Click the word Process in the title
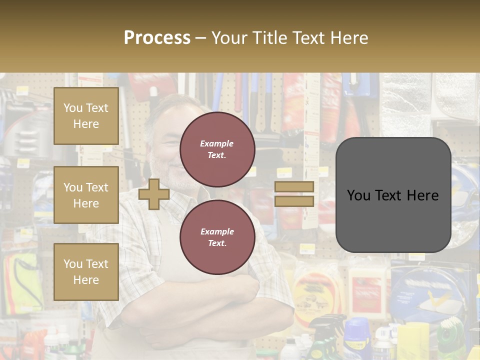[157, 38]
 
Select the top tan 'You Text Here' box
[86, 116]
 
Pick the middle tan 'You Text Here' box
[86, 195]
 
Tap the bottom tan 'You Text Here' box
[86, 271]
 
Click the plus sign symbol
[154, 194]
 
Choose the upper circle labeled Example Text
[217, 149]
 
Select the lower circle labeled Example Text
[217, 237]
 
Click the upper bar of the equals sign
[294, 186]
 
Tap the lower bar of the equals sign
[294, 201]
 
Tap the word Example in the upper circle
[217, 143]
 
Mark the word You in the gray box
[359, 195]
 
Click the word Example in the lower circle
[217, 231]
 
